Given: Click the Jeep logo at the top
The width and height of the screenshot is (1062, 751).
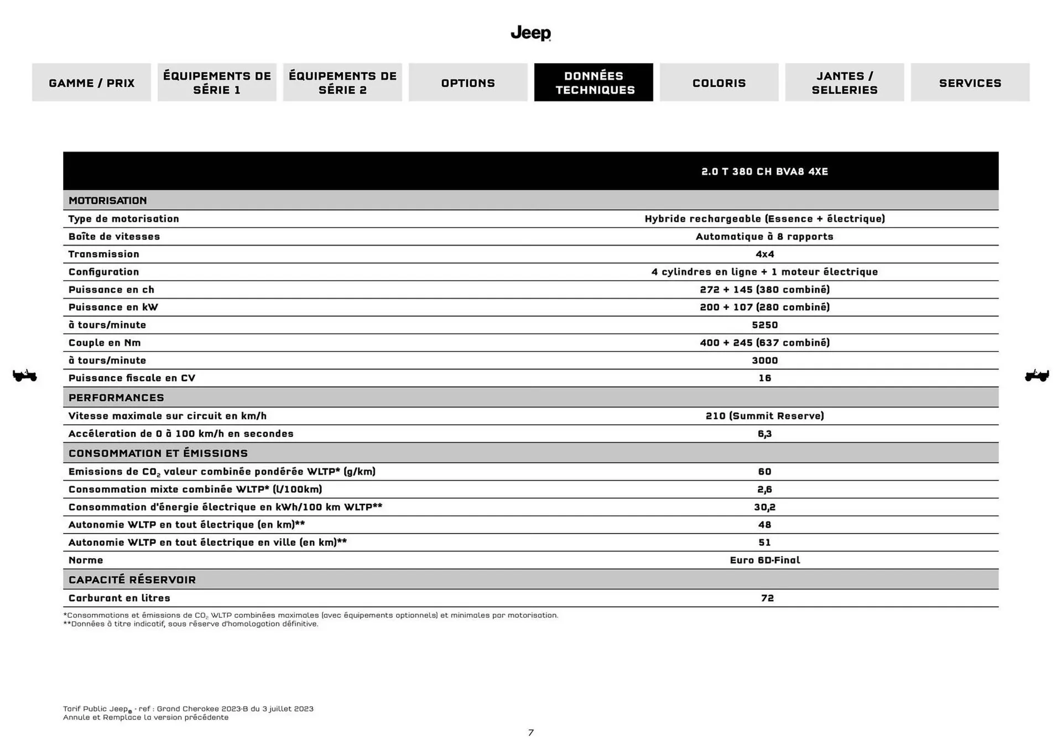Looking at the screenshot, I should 530,33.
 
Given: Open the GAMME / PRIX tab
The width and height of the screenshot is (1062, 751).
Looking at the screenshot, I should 91,82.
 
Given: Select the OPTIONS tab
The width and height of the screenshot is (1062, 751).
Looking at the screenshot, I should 468,82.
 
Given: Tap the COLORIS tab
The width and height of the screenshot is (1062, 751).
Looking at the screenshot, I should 719,82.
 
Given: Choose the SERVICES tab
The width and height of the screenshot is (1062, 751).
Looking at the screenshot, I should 970,82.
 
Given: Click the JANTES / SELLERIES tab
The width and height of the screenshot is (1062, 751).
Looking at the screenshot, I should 845,82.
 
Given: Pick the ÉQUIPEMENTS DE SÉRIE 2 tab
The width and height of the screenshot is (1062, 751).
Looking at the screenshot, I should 342,82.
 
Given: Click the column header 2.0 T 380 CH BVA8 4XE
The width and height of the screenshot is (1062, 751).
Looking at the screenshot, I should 764,171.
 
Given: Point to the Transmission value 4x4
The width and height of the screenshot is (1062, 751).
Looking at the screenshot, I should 764,254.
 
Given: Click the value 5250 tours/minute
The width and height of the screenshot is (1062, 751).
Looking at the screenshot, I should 764,325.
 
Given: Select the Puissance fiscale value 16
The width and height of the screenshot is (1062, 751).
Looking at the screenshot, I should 764,378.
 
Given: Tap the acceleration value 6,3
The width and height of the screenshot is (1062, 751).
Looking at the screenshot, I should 764,434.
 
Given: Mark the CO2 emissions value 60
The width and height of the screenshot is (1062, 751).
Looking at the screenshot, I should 764,471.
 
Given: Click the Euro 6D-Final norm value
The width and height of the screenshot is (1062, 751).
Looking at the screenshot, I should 764,560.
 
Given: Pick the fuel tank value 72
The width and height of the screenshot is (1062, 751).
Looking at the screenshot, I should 767,598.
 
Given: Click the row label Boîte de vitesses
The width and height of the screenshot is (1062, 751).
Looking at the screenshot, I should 114,236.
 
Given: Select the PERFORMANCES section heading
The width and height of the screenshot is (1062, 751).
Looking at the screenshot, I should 116,398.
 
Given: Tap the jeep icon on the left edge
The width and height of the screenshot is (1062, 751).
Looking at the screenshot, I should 25,375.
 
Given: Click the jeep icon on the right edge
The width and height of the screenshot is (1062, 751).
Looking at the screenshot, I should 1037,375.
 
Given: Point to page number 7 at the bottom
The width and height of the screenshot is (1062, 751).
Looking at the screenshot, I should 530,733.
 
